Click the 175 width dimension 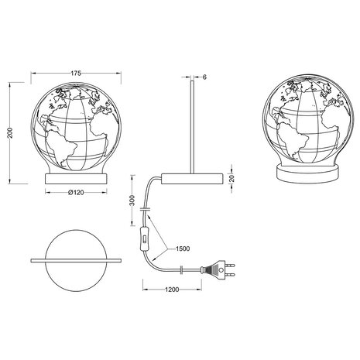[74, 73]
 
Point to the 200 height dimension [9, 132]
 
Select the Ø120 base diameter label [75, 193]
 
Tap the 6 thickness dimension [204, 78]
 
